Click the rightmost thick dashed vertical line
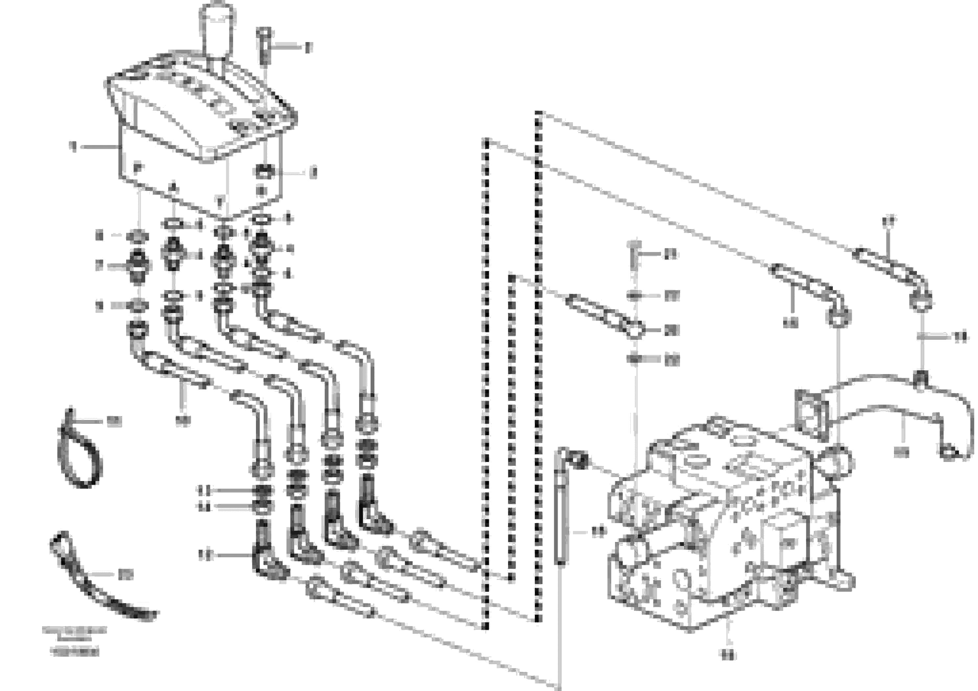[539, 366]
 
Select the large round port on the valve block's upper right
[838, 462]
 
